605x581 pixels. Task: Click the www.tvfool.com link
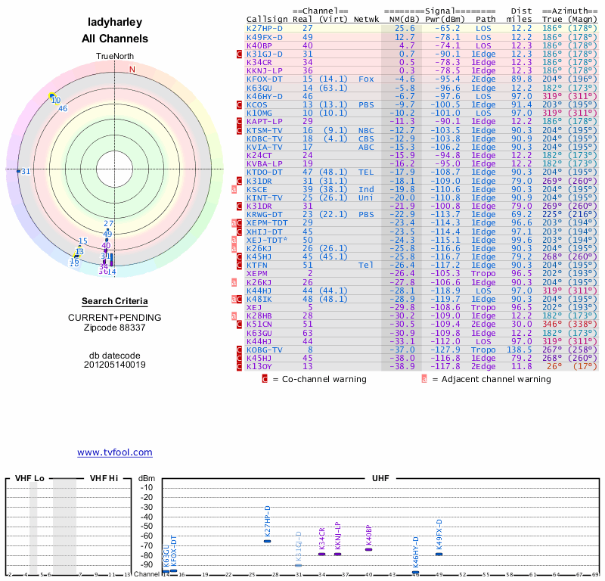114,452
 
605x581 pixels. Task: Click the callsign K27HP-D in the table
264,28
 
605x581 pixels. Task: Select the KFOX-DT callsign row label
264,79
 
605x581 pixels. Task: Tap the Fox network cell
367,79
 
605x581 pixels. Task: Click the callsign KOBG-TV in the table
264,350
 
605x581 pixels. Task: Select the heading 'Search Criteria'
114,301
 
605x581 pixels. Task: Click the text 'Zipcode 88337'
114,328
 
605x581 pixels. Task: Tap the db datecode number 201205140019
114,365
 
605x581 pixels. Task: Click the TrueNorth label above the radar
114,57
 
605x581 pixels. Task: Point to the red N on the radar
132,70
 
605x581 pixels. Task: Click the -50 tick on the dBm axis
147,527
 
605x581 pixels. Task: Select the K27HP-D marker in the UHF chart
267,541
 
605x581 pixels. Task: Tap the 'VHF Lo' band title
29,479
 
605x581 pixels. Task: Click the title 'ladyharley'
114,23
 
